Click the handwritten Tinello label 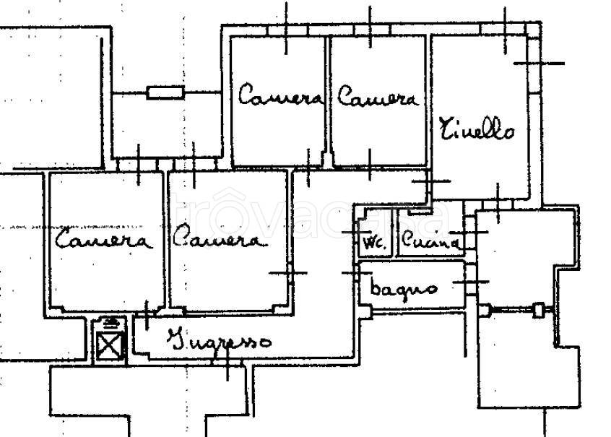477,129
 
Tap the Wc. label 375,243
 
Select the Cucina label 430,240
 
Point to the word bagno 403,288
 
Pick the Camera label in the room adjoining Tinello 377,96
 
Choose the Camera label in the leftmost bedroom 103,238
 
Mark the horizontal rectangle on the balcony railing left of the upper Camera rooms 165,92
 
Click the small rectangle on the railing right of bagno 538,310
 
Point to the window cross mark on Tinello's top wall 505,30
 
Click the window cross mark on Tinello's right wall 539,63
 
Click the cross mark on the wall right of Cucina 472,233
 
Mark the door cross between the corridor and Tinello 431,181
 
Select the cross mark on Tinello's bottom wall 498,204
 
